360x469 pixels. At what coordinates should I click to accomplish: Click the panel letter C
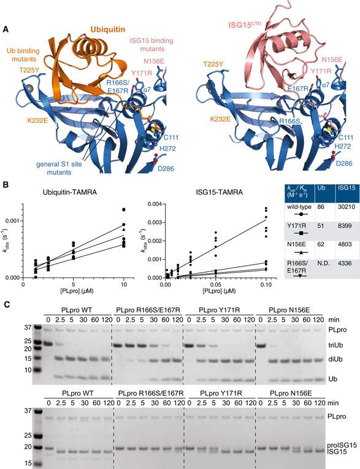pos(6,304)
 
